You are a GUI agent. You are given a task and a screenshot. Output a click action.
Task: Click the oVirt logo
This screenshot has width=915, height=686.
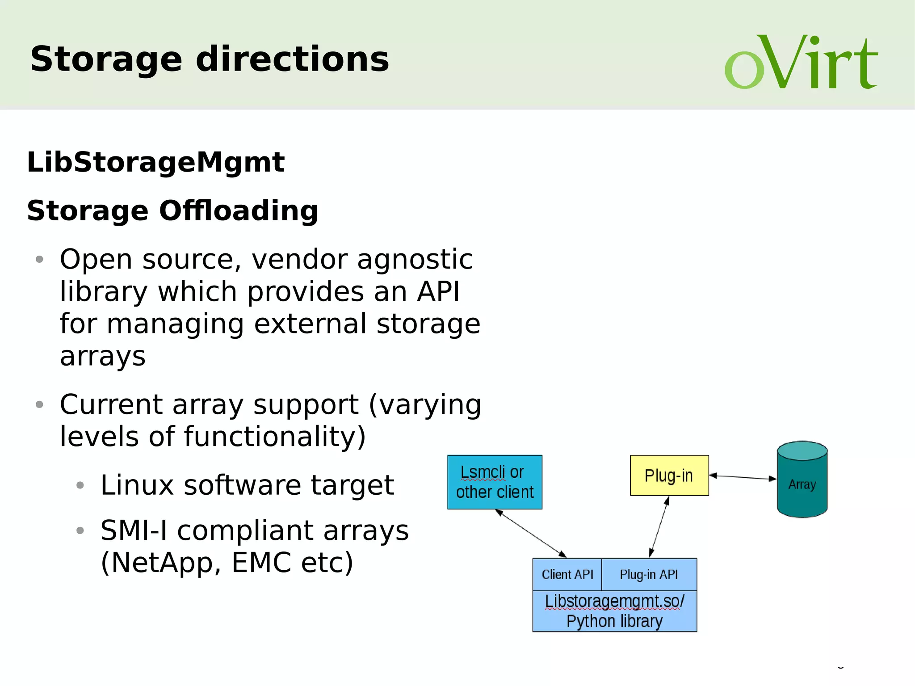point(801,63)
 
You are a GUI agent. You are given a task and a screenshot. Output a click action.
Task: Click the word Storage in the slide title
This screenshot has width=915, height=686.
point(106,59)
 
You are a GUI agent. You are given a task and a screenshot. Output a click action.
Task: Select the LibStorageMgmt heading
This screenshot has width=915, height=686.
point(155,162)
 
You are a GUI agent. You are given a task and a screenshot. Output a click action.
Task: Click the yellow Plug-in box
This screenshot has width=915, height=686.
point(669,476)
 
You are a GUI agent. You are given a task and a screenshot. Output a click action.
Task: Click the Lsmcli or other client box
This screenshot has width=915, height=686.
point(495,482)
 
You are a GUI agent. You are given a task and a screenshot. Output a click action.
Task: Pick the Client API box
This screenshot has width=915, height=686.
point(567,575)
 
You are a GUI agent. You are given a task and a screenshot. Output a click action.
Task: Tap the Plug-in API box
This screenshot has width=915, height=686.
point(649,575)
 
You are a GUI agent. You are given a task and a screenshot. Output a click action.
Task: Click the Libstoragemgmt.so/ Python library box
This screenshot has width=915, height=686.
point(614,611)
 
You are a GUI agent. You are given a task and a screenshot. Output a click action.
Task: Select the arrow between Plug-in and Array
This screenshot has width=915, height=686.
point(743,477)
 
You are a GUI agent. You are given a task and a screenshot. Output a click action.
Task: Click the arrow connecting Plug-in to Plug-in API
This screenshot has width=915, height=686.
point(659,527)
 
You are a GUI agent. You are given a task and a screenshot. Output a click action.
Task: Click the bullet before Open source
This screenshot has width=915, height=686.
point(39,259)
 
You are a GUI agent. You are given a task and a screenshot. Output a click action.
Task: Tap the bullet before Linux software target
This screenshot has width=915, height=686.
point(80,485)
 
